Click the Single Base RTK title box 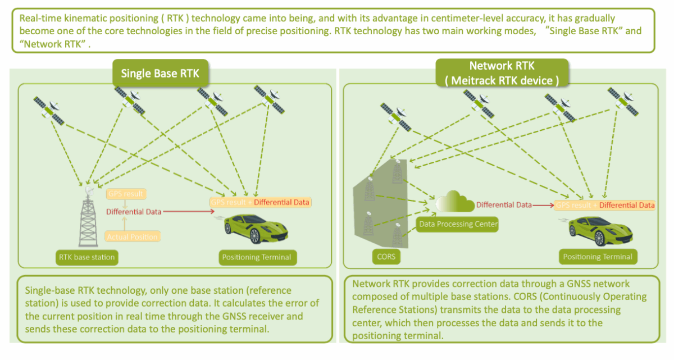pos(160,74)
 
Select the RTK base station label pos(87,258)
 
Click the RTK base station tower pos(87,216)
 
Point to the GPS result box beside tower pos(126,194)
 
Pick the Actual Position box pos(133,236)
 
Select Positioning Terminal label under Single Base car pos(257,258)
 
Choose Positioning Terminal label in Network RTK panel pos(598,257)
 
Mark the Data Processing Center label pos(458,225)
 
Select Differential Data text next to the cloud pos(504,205)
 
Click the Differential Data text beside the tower pos(134,212)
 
